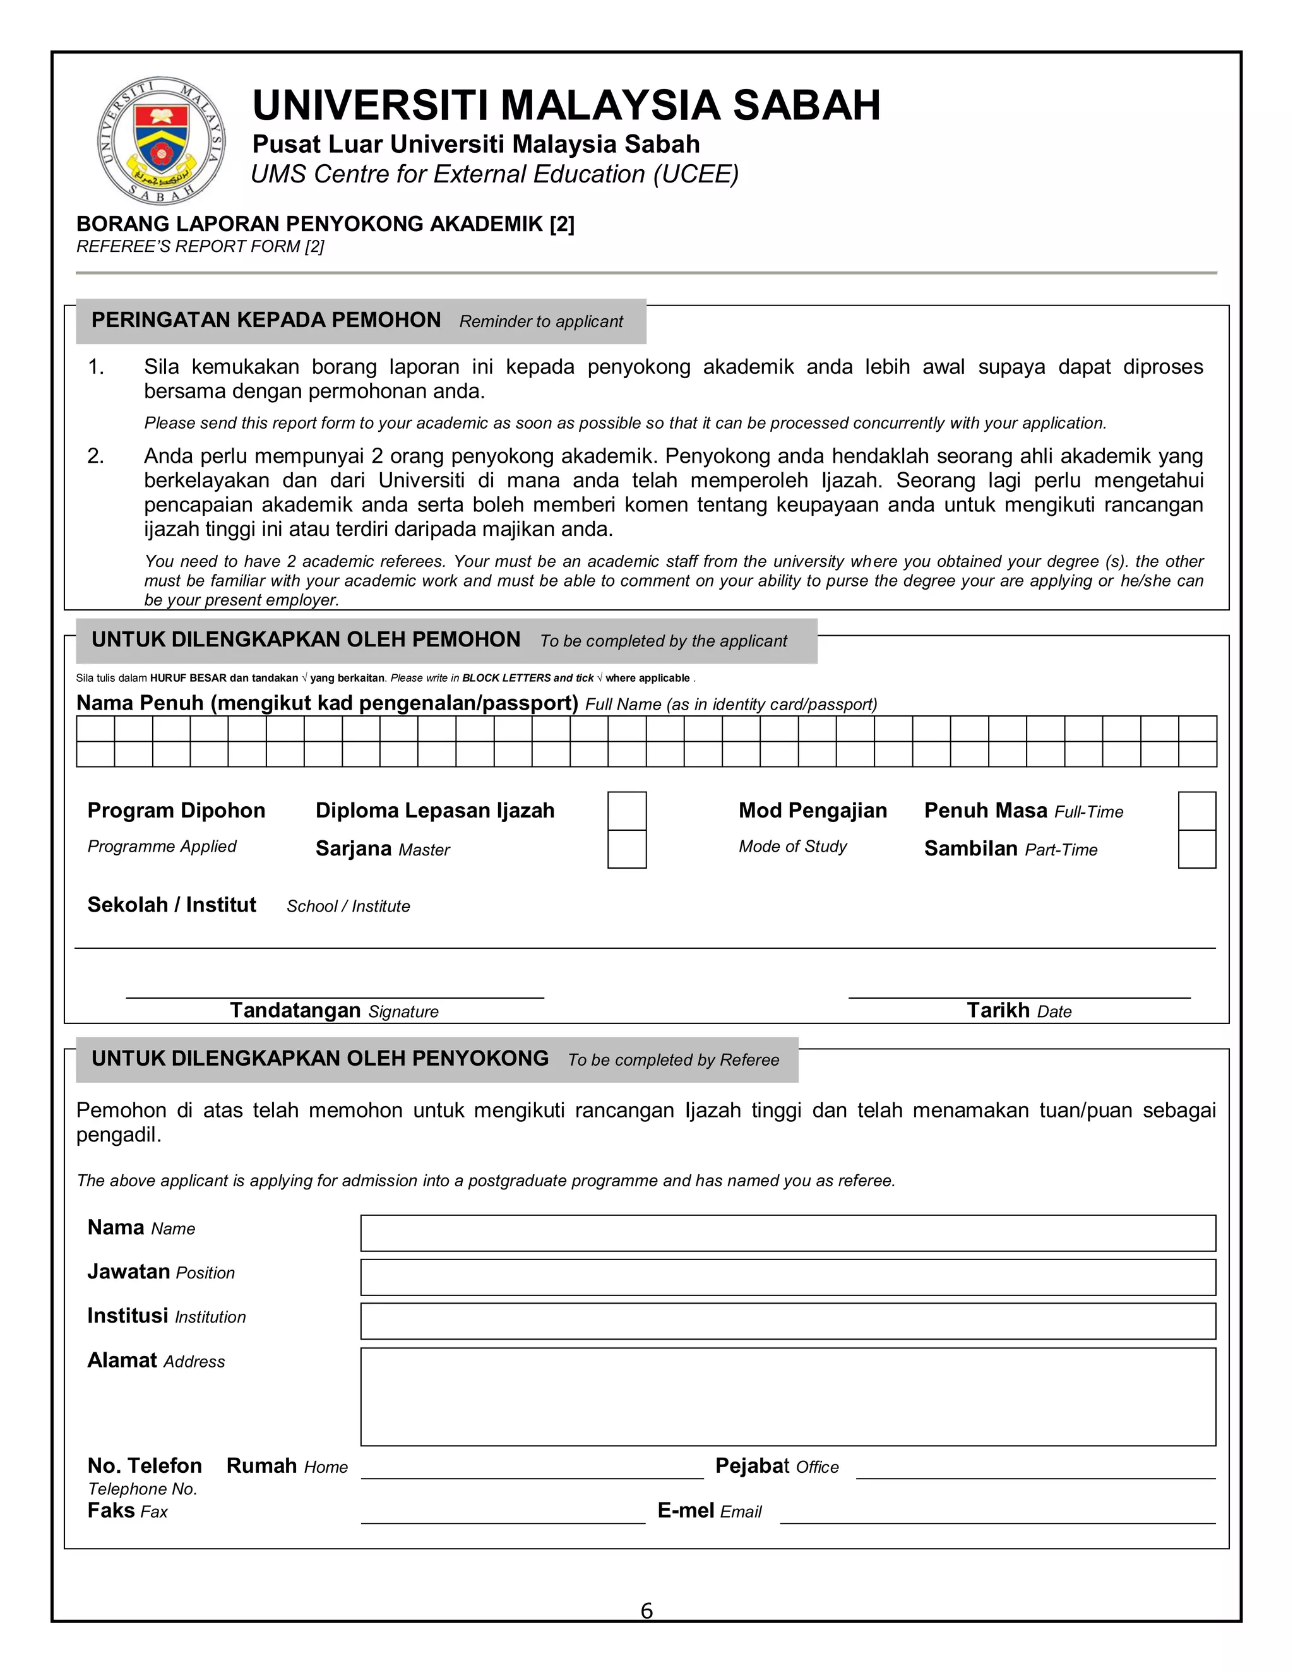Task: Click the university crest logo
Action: point(162,141)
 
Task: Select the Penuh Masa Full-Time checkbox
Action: point(1196,811)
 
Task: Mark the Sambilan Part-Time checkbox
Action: point(1196,848)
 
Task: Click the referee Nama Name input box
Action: point(787,1232)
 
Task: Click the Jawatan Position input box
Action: point(787,1277)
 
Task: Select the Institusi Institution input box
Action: point(787,1321)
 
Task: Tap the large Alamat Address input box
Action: point(787,1396)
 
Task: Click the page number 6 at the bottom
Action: point(646,1611)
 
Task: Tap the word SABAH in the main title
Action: point(807,105)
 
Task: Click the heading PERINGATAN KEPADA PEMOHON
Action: point(266,320)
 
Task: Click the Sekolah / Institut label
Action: point(172,905)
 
